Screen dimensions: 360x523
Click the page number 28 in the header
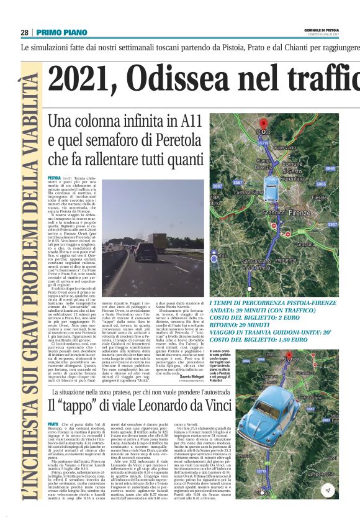(25, 33)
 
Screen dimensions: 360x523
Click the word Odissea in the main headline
(205, 80)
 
